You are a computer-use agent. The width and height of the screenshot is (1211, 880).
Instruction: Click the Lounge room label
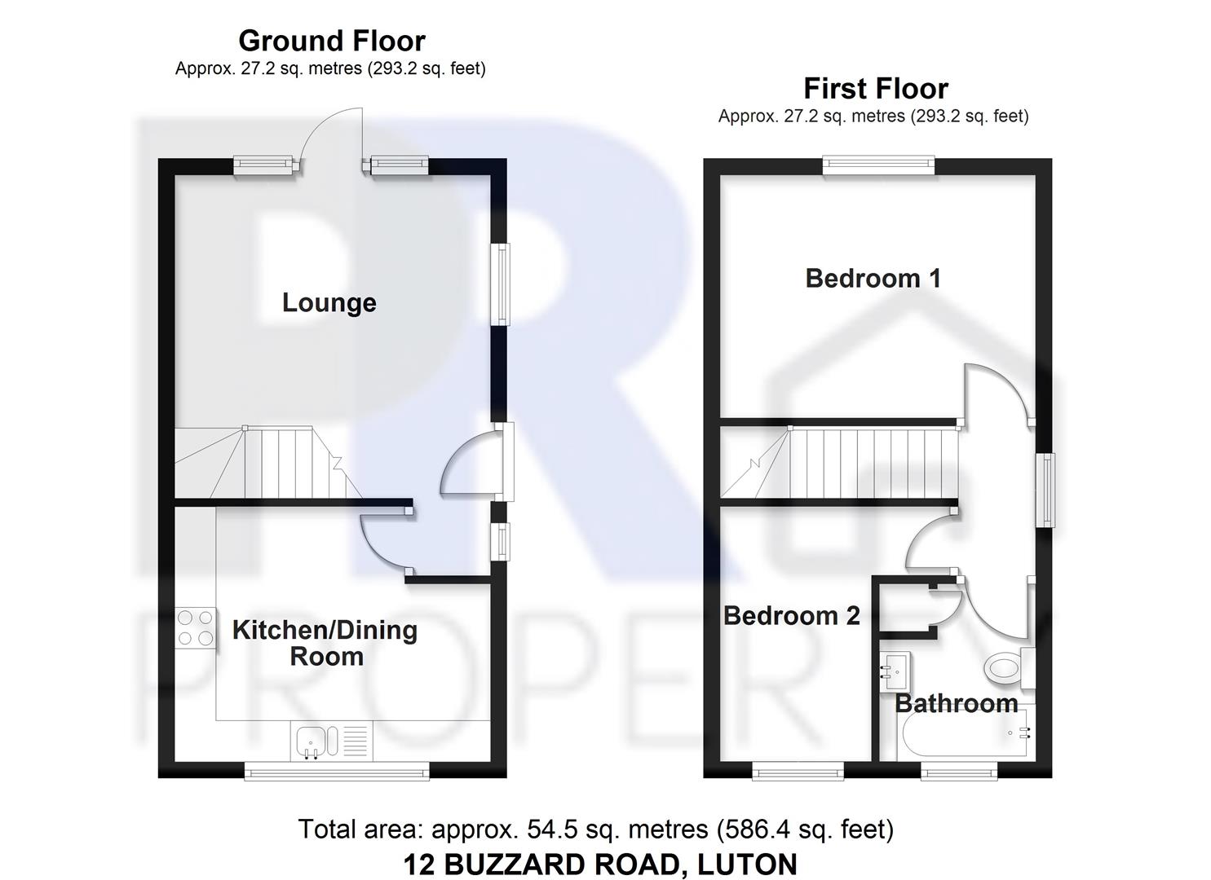point(329,303)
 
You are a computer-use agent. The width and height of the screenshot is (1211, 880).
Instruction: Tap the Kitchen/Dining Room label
point(325,643)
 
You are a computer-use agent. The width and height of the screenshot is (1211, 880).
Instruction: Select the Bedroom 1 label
point(873,279)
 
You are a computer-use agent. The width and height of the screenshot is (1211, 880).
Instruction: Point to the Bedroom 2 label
point(791,616)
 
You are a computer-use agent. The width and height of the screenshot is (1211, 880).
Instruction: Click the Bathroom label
point(956,703)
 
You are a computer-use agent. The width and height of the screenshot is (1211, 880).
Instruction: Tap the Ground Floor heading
point(331,41)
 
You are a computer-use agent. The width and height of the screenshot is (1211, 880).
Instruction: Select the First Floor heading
point(875,88)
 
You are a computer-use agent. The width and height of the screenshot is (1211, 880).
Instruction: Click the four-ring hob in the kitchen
point(196,628)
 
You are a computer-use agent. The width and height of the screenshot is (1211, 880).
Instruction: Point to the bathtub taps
point(1019,733)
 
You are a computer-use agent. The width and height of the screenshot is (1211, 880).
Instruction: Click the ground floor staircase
point(269,462)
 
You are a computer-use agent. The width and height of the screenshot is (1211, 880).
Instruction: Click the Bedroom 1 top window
point(877,165)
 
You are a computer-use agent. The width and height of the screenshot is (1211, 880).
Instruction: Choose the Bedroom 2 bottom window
point(797,770)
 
